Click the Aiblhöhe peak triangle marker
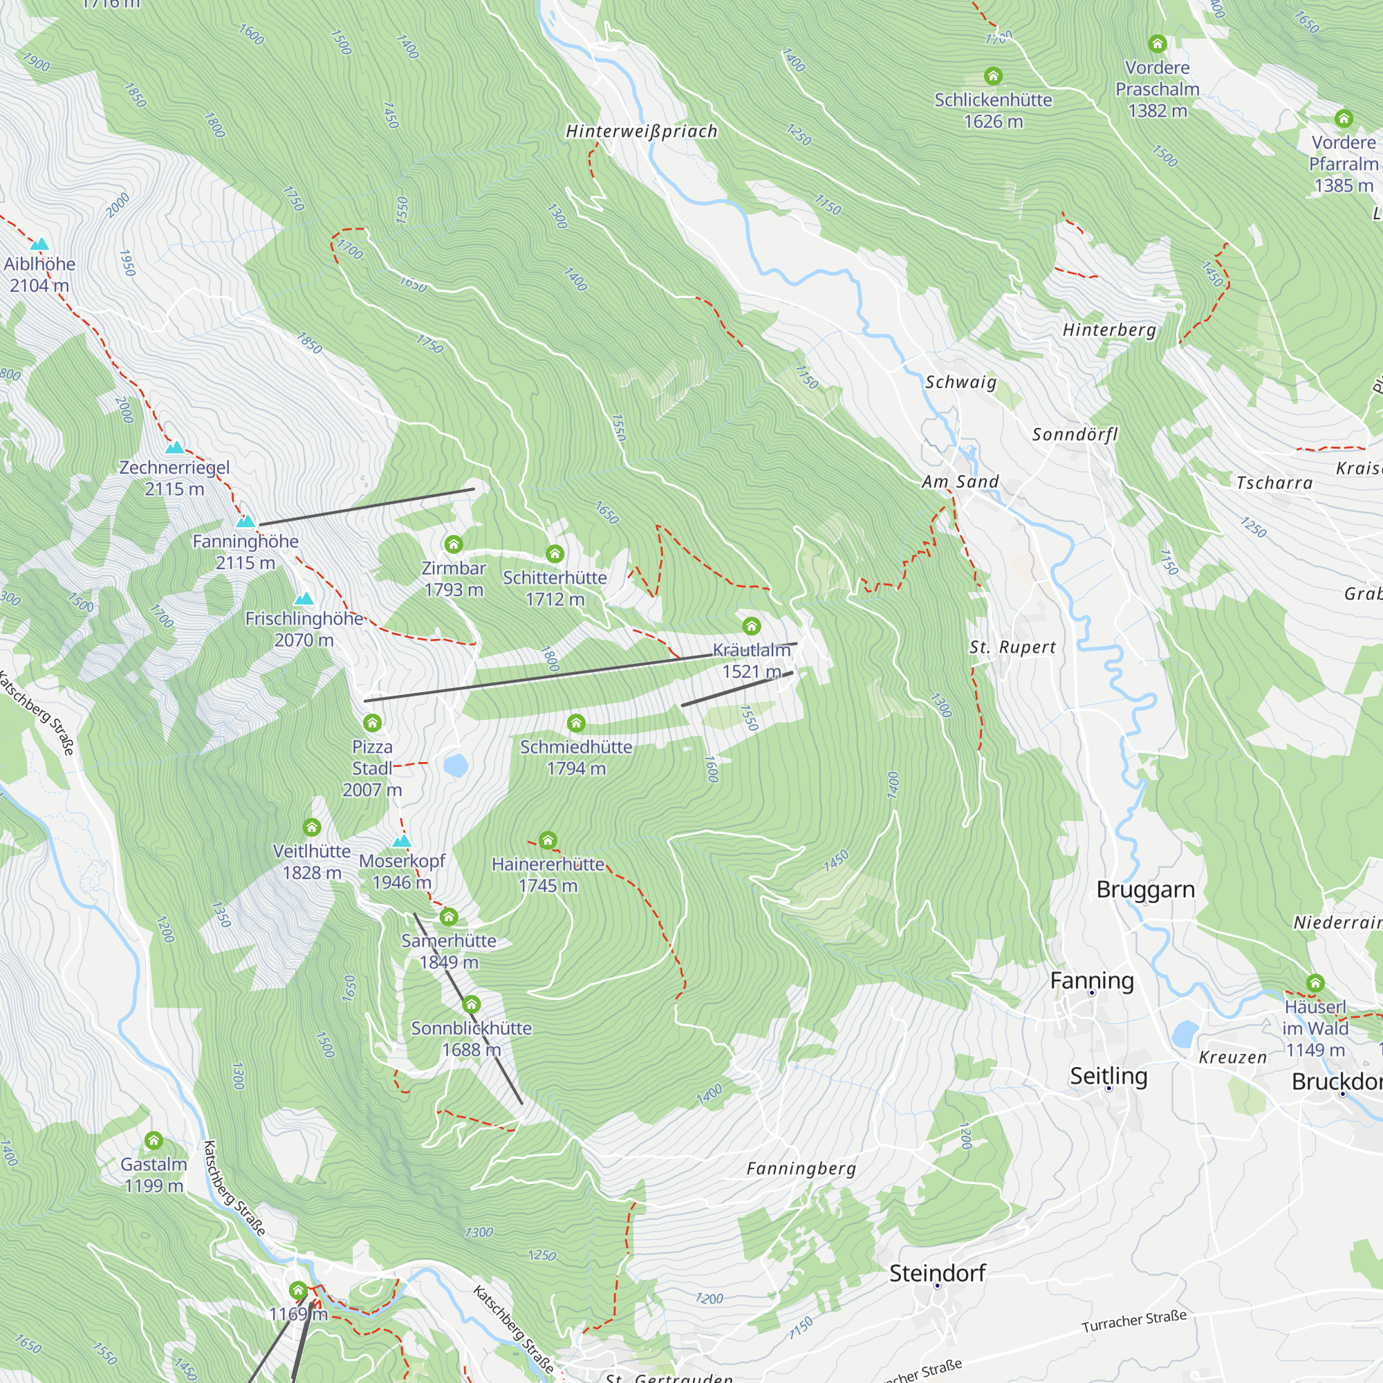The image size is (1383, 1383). tap(39, 244)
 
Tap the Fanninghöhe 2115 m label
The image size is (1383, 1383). tap(245, 551)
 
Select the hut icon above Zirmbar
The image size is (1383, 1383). tap(453, 544)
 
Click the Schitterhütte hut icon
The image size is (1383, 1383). tap(555, 553)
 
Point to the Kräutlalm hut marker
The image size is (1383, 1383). tap(751, 626)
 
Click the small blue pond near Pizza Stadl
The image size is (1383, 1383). tap(455, 765)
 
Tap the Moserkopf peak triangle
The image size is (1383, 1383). tap(402, 840)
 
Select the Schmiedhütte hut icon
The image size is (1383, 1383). tap(575, 723)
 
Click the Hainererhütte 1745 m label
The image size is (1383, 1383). tap(548, 874)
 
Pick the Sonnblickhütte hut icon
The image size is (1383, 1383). tap(471, 1004)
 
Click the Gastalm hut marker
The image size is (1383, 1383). tap(154, 1140)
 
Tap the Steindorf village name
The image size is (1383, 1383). tap(937, 1273)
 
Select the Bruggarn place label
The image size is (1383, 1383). tap(1145, 889)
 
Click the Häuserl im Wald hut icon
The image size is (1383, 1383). tap(1315, 983)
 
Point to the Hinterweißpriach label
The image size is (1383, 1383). tap(642, 131)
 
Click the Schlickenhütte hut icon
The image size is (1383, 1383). tap(993, 76)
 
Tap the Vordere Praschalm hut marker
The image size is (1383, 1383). tap(1158, 44)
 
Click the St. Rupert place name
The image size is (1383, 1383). tap(1012, 647)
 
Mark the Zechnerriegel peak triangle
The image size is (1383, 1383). tap(175, 448)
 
